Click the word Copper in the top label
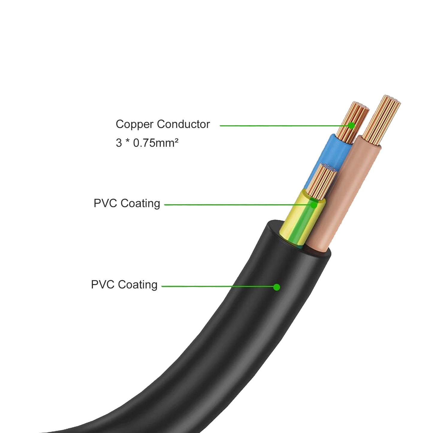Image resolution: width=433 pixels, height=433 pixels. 135,124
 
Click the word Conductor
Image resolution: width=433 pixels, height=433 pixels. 183,124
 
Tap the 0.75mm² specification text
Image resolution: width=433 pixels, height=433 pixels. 156,143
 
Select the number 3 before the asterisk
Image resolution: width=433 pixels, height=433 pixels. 119,143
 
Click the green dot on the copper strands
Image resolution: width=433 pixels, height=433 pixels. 351,126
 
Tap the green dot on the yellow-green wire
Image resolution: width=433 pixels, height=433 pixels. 313,205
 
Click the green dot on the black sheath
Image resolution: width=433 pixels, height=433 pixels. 277,287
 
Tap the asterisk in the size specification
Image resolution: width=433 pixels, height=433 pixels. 127,141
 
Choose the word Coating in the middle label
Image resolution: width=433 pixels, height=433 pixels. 140,203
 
